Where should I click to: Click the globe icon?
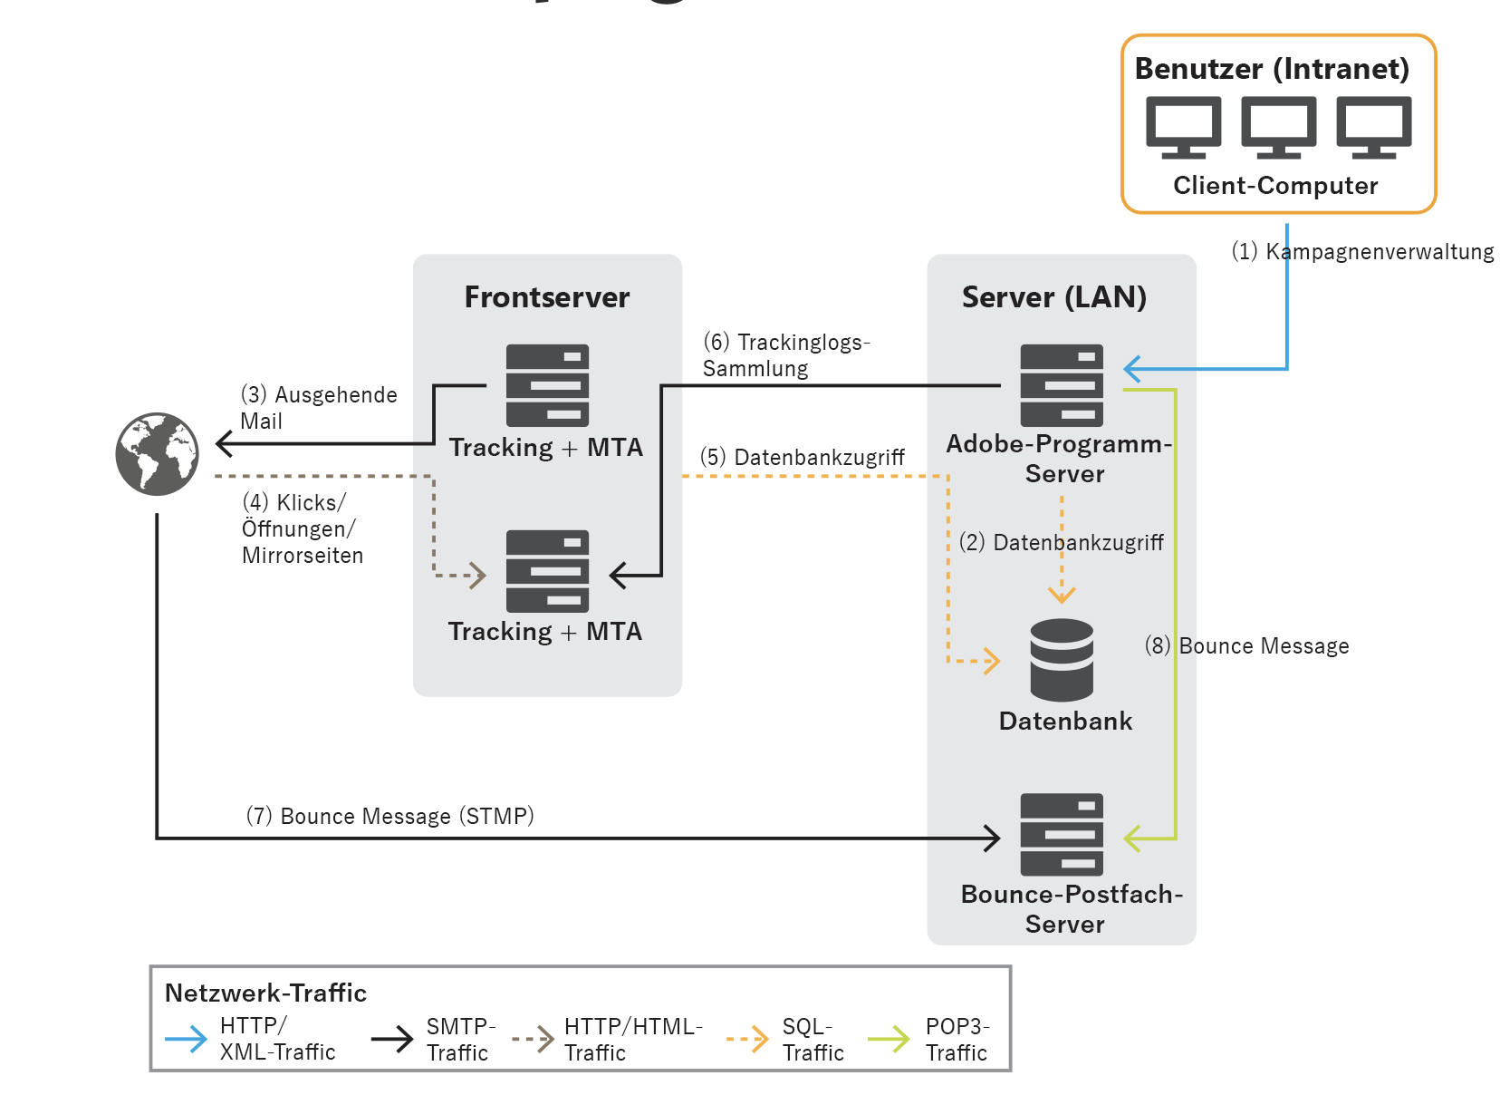[157, 454]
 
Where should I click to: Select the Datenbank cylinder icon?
[1062, 660]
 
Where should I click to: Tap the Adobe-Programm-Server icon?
[1062, 385]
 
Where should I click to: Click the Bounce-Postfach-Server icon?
[1062, 835]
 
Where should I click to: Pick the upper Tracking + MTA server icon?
[547, 385]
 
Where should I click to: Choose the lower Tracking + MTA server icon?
[547, 571]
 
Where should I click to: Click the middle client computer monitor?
[1278, 127]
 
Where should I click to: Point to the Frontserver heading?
[547, 297]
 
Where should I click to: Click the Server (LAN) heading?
[1054, 297]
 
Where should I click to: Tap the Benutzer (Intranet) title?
[1272, 69]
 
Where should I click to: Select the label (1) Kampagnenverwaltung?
[1362, 252]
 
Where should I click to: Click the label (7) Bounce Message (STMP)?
[390, 816]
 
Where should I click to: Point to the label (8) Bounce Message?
[1247, 645]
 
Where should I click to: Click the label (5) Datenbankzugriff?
[803, 457]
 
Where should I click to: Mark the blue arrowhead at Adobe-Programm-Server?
[1132, 369]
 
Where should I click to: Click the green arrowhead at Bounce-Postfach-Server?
[1132, 838]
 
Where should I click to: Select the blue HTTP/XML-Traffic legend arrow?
[187, 1039]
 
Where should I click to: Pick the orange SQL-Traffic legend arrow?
[748, 1039]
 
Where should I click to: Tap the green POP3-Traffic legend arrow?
[889, 1039]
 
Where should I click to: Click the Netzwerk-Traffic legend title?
[265, 993]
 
